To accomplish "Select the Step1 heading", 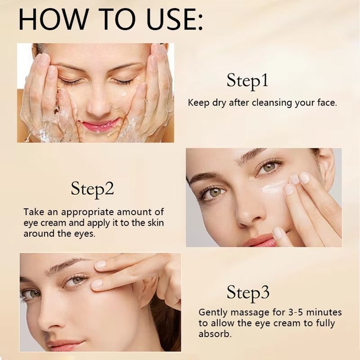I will tap(247, 81).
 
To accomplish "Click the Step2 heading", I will tap(92, 189).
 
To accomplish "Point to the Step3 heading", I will tap(248, 293).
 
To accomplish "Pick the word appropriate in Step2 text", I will tap(85, 212).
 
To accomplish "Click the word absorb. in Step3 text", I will tap(215, 334).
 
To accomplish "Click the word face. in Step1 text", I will tap(325, 103).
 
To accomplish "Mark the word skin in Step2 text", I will tap(156, 223).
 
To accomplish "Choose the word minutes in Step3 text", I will tap(323, 312).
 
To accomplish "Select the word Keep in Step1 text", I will tap(198, 103).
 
